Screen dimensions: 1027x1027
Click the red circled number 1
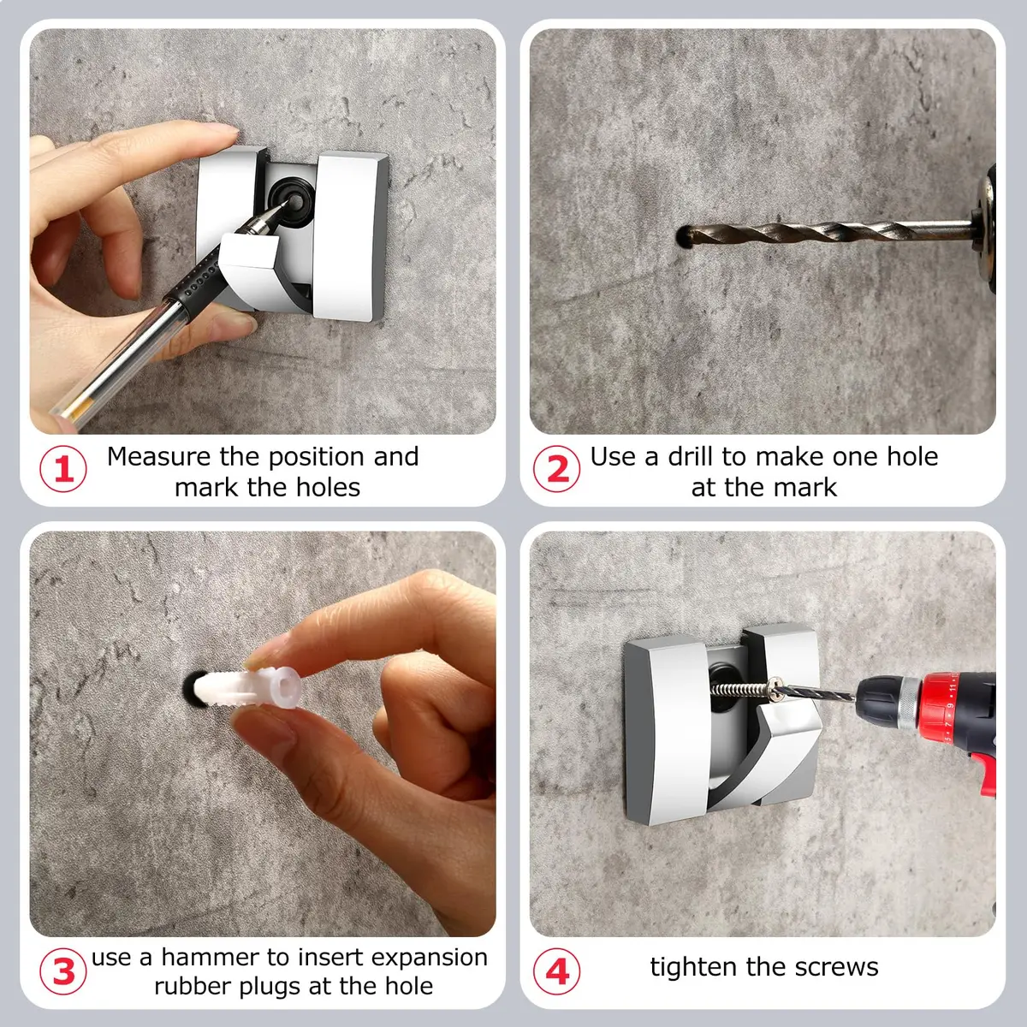click(x=62, y=469)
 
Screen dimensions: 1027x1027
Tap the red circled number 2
click(x=557, y=469)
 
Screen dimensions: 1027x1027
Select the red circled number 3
click(x=62, y=971)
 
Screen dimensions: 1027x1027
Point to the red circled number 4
click(x=557, y=971)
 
